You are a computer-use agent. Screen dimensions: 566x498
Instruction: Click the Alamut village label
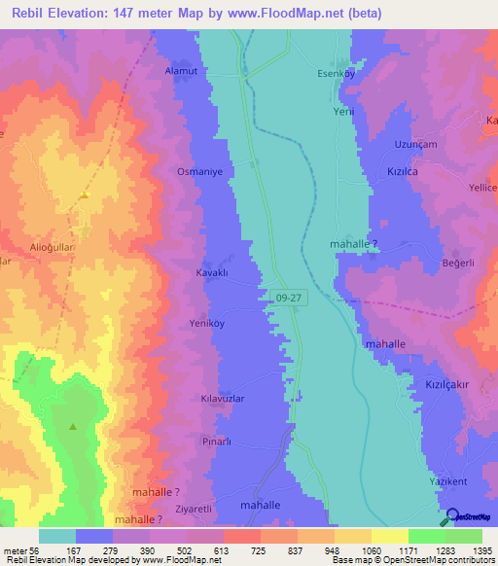182,71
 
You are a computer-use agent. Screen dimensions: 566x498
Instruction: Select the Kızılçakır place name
447,384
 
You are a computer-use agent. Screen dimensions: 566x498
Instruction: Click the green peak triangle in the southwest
73,426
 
